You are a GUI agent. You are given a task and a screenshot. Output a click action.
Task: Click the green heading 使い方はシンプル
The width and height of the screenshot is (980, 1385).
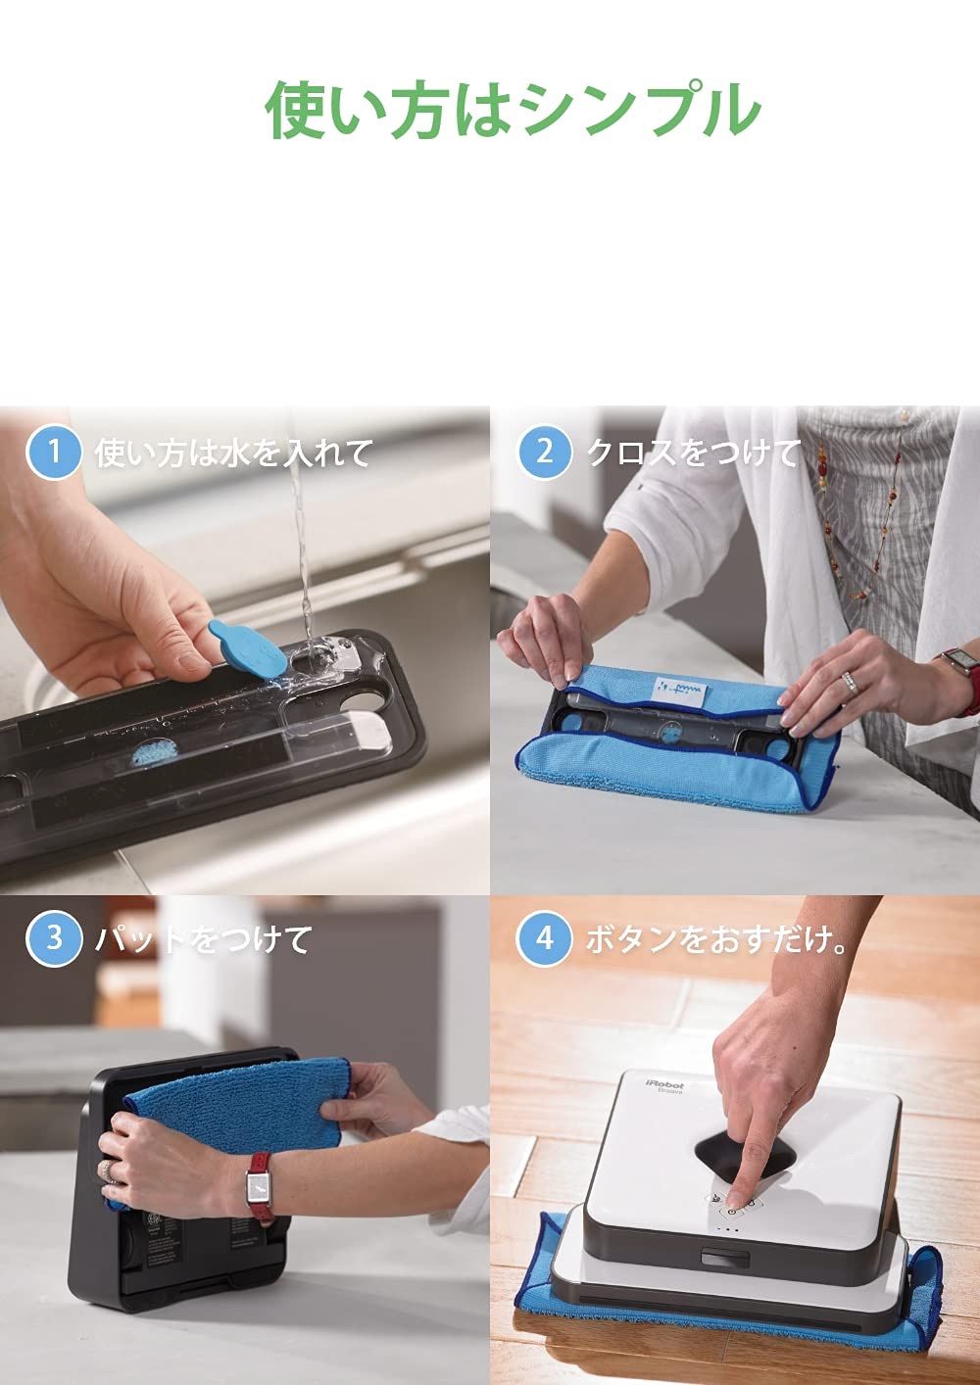pos(513,110)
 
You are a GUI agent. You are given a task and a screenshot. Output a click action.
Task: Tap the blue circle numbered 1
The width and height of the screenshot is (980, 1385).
pos(54,452)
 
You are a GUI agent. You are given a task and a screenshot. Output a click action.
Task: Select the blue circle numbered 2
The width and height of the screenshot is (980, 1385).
pos(544,452)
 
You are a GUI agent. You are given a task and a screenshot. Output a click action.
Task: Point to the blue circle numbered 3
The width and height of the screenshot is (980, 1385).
pos(54,938)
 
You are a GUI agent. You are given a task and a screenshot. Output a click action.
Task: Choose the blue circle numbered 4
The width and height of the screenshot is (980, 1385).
pos(544,938)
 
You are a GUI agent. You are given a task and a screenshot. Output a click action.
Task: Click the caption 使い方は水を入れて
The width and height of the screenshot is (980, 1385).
pos(233,453)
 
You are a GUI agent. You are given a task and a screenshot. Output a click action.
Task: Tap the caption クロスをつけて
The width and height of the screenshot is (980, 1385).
pos(693,453)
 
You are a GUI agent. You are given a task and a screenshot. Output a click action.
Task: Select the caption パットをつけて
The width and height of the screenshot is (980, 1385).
pos(202,939)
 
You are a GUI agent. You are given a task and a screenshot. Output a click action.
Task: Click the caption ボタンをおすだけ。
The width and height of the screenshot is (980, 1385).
pos(716,939)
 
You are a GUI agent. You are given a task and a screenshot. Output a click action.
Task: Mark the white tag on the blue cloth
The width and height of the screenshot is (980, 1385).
pos(677,687)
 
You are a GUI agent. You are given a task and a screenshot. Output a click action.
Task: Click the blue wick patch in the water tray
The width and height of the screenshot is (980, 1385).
pos(157,751)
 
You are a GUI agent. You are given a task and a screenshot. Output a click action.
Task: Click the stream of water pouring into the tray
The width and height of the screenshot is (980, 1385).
pos(301,532)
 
